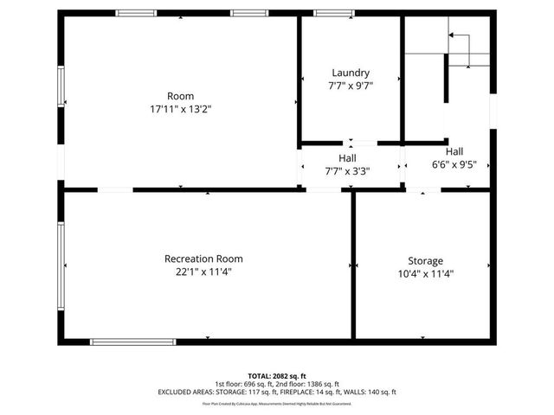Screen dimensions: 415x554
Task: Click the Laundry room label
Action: (x=350, y=73)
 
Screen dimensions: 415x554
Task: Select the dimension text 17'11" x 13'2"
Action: (x=181, y=110)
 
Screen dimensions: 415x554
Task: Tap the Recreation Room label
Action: (x=203, y=259)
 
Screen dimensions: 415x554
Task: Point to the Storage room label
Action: (x=425, y=260)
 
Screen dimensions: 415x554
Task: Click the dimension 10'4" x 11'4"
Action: (x=425, y=273)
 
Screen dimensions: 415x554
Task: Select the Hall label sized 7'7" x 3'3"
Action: (x=347, y=158)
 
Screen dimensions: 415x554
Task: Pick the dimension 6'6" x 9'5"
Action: (x=454, y=163)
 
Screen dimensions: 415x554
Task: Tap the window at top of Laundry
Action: (x=327, y=13)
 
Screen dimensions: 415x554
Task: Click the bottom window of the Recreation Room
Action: (x=133, y=342)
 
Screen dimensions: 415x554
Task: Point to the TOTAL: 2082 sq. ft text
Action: (x=277, y=376)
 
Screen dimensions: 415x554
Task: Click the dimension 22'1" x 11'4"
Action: (x=203, y=271)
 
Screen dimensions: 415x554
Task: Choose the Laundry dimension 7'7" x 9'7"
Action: (x=350, y=86)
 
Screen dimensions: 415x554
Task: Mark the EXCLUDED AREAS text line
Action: (x=277, y=393)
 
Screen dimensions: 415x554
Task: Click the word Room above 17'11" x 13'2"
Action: (x=181, y=96)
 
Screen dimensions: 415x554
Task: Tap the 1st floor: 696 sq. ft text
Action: (x=246, y=384)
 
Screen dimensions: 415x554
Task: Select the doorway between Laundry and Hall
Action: (x=351, y=142)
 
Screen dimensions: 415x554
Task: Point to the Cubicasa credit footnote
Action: (x=277, y=403)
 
